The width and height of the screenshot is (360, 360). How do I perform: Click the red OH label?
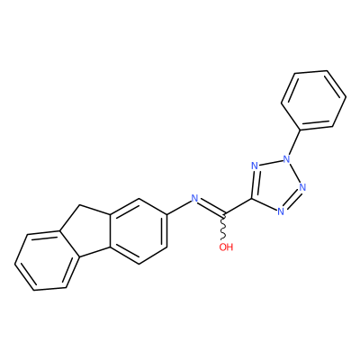click(x=226, y=247)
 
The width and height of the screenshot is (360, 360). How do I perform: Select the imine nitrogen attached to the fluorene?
click(x=195, y=198)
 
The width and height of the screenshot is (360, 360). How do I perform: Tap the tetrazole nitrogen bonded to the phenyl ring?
click(x=287, y=158)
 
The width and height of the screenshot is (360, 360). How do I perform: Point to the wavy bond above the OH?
click(x=223, y=228)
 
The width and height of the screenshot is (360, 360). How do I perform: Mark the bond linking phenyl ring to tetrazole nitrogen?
click(x=294, y=141)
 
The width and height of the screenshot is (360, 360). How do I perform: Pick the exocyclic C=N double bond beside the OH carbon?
click(x=211, y=207)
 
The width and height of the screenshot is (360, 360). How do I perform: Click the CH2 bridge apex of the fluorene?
click(x=79, y=206)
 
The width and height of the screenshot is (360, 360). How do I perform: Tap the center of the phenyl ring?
click(x=313, y=101)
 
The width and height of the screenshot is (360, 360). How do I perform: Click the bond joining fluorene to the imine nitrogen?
click(x=179, y=208)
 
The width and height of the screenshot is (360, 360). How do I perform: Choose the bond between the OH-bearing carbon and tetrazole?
click(x=238, y=207)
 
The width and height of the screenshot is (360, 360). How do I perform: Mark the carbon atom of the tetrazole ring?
click(x=251, y=199)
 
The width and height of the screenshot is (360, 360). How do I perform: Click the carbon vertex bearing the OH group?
click(x=224, y=215)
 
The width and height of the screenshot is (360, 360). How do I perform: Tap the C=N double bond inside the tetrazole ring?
click(x=254, y=183)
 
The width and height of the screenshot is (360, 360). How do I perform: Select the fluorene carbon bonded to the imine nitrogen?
click(x=166, y=215)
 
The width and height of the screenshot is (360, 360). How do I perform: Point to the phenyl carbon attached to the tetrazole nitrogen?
click(x=300, y=130)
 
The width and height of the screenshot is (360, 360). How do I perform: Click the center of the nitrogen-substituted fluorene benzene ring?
click(x=139, y=231)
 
